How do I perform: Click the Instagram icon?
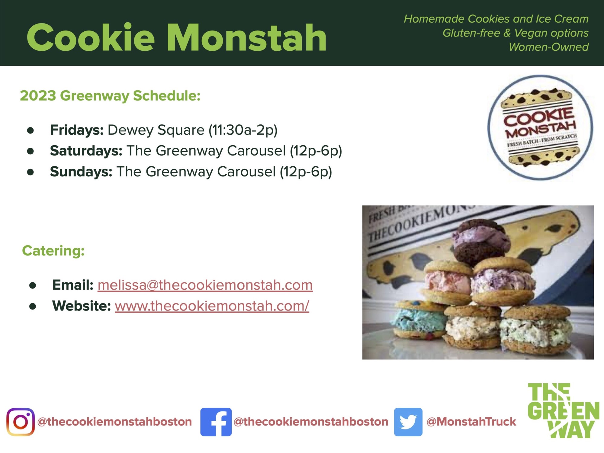click(21, 422)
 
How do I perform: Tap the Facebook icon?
click(216, 422)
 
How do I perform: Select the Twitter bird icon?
click(408, 422)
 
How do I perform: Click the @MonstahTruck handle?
click(471, 422)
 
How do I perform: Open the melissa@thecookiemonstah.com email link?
click(205, 285)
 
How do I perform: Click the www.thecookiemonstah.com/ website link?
click(212, 306)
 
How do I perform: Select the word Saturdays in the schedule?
click(86, 151)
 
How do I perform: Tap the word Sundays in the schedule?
click(81, 172)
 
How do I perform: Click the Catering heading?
click(53, 251)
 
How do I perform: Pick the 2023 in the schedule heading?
click(38, 96)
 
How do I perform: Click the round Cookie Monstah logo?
click(540, 127)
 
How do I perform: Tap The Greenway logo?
click(563, 410)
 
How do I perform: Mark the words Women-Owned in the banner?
click(549, 47)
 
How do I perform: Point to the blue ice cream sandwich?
click(418, 319)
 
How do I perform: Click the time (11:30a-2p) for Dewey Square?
click(243, 130)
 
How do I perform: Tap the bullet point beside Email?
click(33, 285)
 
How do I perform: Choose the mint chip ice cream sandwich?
click(536, 329)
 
